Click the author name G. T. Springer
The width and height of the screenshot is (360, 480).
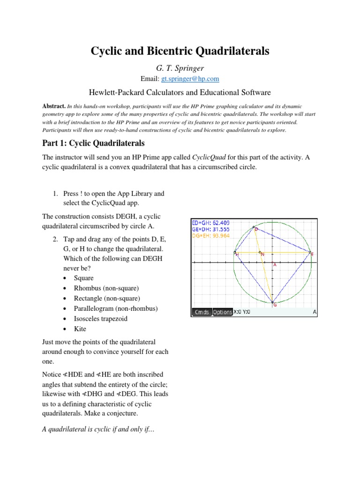(x=180, y=68)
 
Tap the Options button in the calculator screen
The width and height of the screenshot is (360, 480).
(x=222, y=312)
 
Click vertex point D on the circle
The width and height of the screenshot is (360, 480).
(x=254, y=227)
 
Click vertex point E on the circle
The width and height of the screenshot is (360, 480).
(x=310, y=253)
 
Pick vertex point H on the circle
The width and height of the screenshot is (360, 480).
(x=235, y=253)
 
